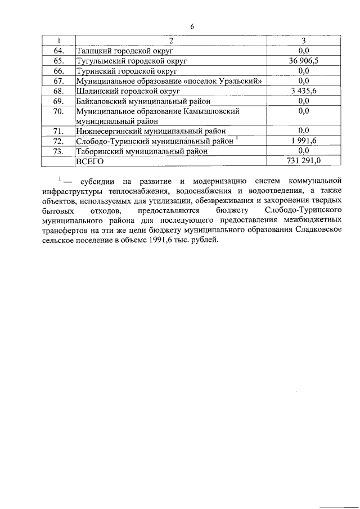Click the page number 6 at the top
192,26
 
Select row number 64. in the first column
58,50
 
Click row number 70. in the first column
58,111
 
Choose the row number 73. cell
58,151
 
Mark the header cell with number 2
171,40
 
